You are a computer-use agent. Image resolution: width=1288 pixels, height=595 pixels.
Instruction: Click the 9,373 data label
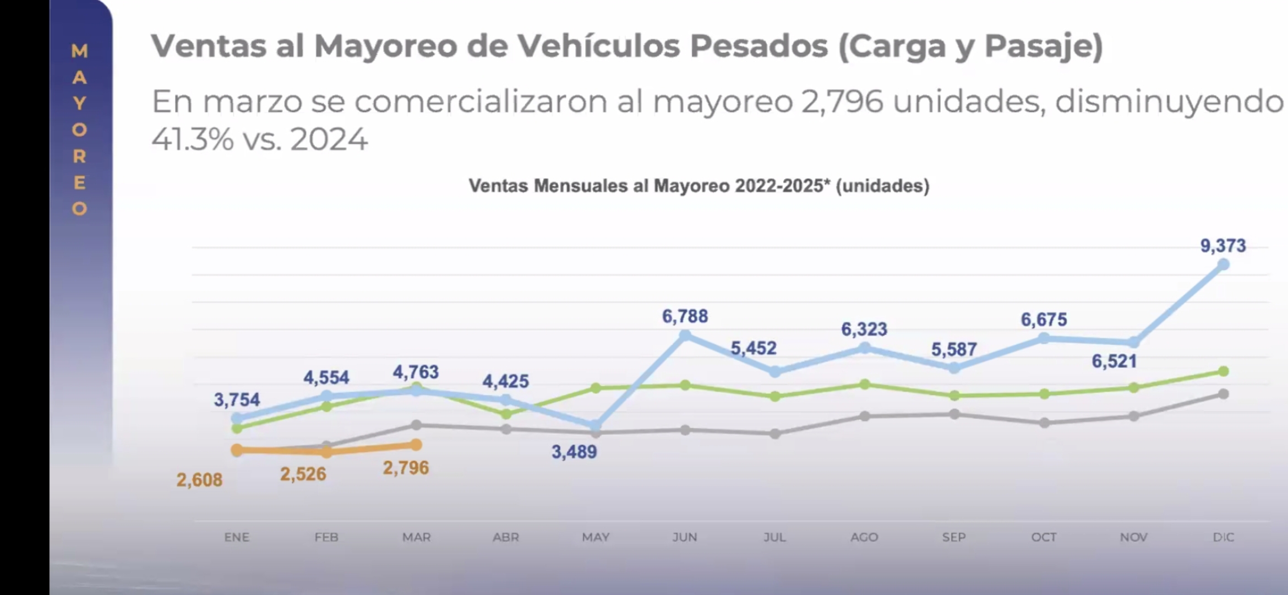(x=1222, y=246)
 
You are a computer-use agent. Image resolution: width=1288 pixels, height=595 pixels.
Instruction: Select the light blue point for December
(x=1223, y=265)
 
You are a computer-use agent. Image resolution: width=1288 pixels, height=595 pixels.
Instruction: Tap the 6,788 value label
(x=685, y=316)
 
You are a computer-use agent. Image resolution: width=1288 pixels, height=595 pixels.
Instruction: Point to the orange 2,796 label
(x=406, y=468)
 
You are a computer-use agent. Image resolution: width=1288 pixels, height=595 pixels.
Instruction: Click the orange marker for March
(x=416, y=445)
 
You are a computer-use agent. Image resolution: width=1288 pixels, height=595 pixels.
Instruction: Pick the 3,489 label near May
(x=574, y=452)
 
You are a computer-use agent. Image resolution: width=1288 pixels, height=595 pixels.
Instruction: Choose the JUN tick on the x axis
(x=685, y=537)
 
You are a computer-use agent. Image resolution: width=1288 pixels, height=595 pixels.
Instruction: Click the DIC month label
(x=1223, y=537)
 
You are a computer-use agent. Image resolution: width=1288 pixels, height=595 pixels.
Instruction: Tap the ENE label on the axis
(x=237, y=537)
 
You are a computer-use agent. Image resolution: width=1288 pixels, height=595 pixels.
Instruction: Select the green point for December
(x=1223, y=371)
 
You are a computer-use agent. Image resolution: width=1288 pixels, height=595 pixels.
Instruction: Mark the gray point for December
(x=1223, y=394)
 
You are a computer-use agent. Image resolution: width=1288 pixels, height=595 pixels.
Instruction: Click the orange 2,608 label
(x=199, y=480)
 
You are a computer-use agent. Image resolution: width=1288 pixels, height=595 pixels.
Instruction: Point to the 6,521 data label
(x=1114, y=361)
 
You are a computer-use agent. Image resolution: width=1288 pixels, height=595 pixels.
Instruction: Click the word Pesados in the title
(x=758, y=46)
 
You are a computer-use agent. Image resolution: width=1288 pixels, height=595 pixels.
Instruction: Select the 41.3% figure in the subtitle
(x=193, y=139)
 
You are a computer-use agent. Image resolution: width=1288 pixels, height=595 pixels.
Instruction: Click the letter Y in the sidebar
(x=80, y=104)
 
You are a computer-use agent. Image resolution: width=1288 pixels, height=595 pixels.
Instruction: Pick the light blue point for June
(x=685, y=335)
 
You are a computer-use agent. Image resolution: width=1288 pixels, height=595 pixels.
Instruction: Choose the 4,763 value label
(x=416, y=372)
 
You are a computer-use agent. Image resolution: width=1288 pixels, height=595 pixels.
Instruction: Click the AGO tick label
(x=864, y=537)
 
